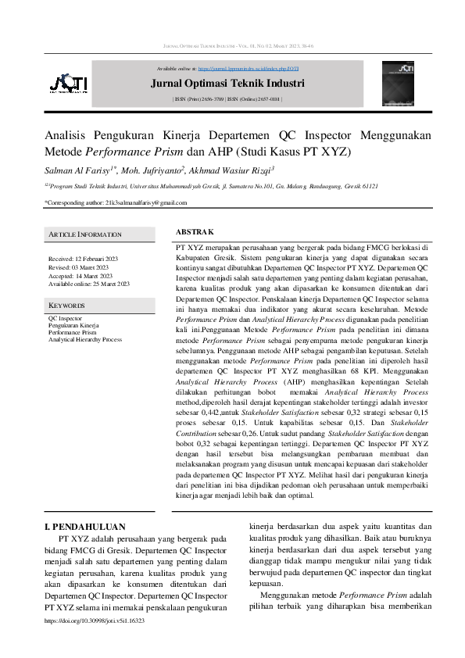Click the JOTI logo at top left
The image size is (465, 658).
(x=68, y=84)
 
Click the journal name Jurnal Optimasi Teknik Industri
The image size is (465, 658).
(x=227, y=84)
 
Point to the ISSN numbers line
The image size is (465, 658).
(x=227, y=100)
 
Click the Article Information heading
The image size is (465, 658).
(x=85, y=234)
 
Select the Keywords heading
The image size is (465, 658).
(x=66, y=306)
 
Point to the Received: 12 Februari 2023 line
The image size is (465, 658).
(x=83, y=259)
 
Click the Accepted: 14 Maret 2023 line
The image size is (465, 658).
(x=80, y=276)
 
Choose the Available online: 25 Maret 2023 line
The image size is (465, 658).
(x=88, y=284)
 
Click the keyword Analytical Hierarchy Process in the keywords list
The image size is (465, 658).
(x=85, y=340)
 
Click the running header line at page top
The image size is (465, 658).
(x=232, y=47)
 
